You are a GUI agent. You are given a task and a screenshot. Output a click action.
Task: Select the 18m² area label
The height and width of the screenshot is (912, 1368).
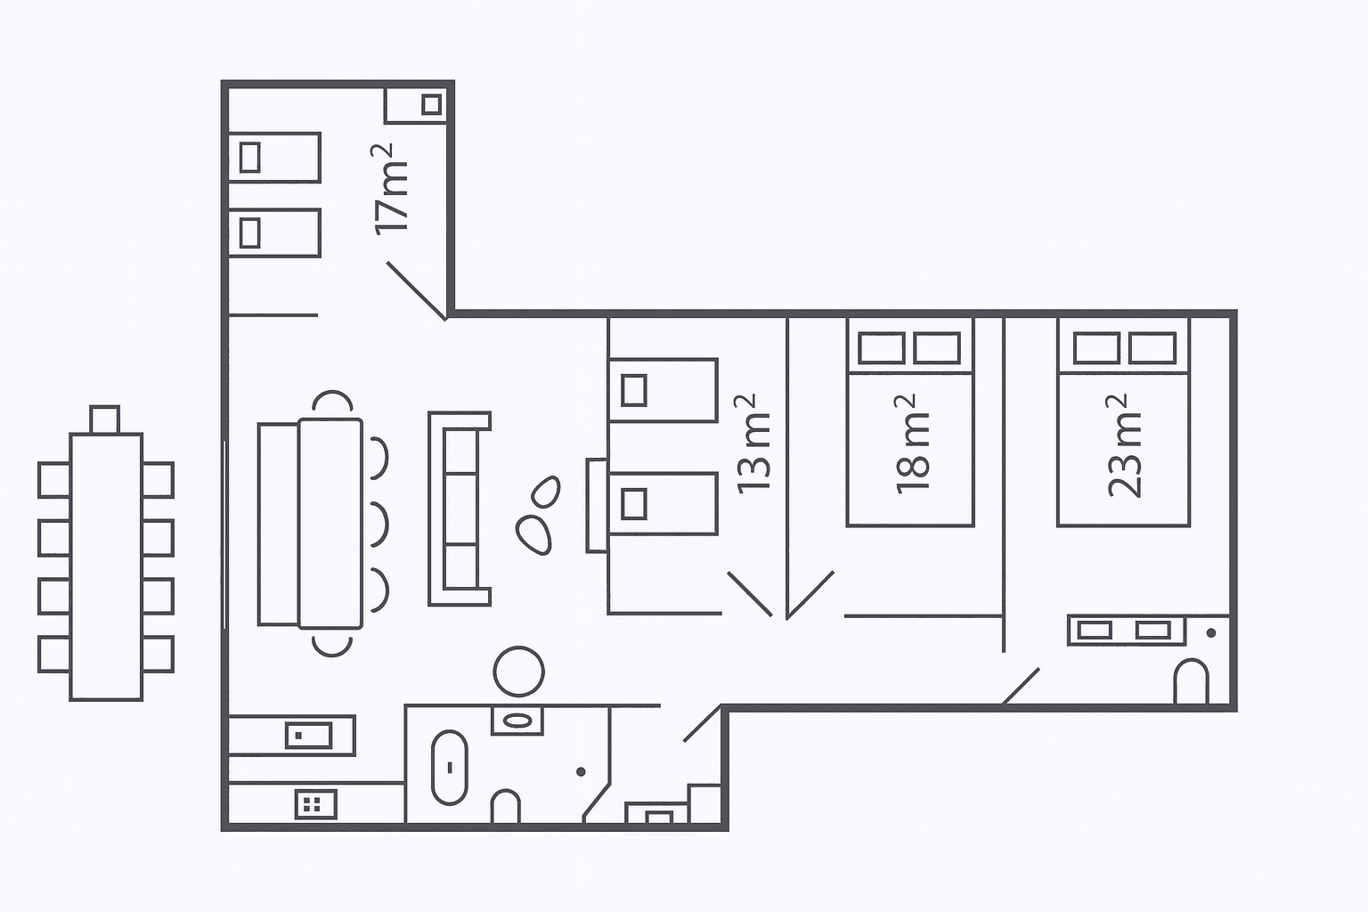pos(912,444)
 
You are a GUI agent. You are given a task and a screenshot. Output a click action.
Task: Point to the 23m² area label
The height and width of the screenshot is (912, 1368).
pos(1124,445)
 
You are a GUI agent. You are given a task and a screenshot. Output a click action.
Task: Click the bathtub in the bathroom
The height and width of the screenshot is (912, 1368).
pos(450,767)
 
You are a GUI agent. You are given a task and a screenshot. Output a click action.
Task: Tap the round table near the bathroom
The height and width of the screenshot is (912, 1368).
pos(518,671)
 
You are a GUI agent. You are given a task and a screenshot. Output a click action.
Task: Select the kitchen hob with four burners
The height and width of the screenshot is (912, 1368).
pos(316,804)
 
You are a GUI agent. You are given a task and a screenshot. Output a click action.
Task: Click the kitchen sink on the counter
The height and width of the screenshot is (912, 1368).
pos(309,736)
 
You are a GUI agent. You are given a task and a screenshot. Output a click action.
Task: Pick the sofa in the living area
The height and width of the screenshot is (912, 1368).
pos(460,509)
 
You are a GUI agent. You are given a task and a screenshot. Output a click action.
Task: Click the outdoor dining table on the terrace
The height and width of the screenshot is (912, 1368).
pos(106,566)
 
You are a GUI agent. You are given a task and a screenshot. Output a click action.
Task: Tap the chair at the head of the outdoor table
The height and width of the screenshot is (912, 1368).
pos(104,419)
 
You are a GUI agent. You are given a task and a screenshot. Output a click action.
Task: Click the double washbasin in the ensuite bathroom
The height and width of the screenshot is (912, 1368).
pos(1126,631)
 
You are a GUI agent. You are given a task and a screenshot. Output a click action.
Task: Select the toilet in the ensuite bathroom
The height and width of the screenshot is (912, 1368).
pos(1191,681)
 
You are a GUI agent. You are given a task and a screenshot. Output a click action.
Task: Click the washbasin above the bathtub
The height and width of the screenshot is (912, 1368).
pos(517,721)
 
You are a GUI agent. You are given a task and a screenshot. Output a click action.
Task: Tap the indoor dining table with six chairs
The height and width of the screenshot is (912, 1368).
pos(330,523)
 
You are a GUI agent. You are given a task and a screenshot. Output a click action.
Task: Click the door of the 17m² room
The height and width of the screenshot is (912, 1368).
pos(417,290)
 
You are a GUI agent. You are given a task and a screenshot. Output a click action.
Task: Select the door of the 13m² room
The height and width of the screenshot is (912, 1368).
pos(750,594)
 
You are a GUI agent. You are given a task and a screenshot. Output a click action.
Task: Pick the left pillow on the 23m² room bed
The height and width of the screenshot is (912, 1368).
pos(1096,348)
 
